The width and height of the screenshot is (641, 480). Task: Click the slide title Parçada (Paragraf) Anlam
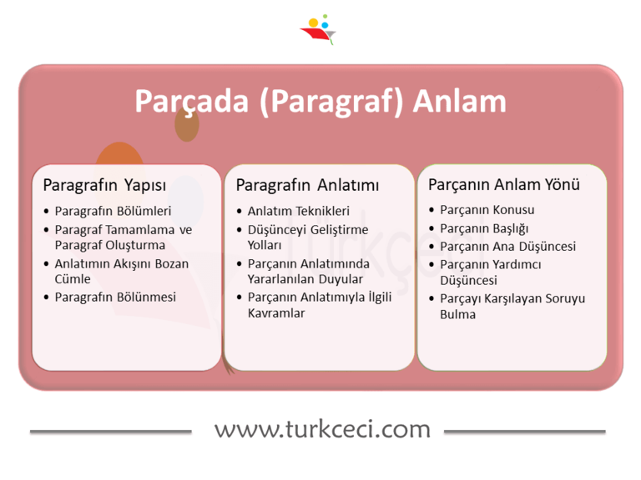(x=320, y=102)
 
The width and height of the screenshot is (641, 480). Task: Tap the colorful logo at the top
(x=318, y=29)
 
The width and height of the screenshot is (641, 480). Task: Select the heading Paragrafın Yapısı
(x=104, y=184)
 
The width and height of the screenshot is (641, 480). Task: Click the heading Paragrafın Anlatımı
(x=307, y=184)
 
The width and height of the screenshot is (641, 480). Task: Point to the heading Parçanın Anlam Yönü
(x=504, y=184)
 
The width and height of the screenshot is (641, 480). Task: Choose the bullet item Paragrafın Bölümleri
(x=113, y=211)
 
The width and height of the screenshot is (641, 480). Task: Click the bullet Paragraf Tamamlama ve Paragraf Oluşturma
(x=123, y=237)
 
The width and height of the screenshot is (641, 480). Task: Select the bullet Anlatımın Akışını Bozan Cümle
(x=121, y=272)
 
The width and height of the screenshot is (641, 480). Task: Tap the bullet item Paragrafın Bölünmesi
(x=115, y=297)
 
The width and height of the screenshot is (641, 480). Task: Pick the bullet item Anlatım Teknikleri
(x=299, y=211)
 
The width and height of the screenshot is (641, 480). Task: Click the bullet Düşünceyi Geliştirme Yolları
(x=306, y=237)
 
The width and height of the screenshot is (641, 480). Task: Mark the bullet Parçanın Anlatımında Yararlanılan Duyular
(x=308, y=272)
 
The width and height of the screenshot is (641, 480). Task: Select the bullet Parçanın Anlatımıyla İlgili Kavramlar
(x=319, y=305)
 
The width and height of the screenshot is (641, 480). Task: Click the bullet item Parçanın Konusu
(x=487, y=210)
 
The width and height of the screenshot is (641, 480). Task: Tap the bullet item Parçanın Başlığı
(x=484, y=228)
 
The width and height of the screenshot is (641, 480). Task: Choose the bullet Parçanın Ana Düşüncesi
(x=507, y=247)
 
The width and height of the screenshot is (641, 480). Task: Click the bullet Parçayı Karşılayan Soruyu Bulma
(x=512, y=306)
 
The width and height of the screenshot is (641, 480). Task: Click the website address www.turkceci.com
(x=322, y=429)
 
